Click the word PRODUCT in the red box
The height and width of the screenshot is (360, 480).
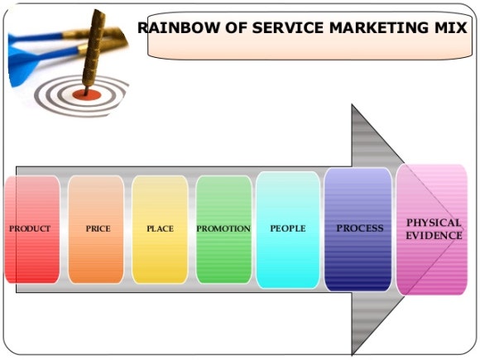click(30, 228)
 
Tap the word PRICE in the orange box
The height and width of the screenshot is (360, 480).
click(98, 228)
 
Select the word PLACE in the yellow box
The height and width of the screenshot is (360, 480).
click(160, 228)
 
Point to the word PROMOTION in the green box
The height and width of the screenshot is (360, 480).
click(223, 228)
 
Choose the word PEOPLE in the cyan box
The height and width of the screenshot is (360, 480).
click(288, 228)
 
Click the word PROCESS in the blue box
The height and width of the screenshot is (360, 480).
click(360, 228)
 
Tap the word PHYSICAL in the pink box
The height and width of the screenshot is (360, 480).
click(434, 223)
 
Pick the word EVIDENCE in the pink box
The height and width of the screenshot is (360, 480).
click(434, 235)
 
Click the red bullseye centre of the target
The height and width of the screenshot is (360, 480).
click(87, 95)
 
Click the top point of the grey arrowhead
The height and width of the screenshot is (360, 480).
click(352, 104)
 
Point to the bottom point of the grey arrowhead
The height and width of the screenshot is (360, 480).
click(352, 355)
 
